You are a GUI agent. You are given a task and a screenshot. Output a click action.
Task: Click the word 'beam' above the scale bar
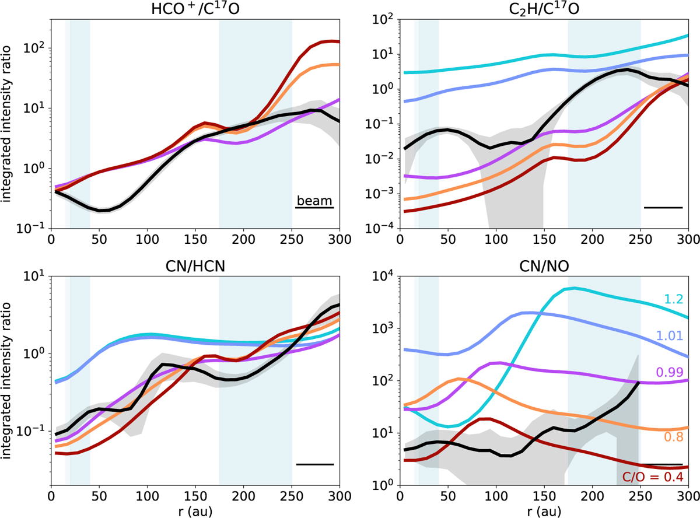[x=314, y=200]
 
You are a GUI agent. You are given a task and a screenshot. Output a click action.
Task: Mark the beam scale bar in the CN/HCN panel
[x=314, y=464]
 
